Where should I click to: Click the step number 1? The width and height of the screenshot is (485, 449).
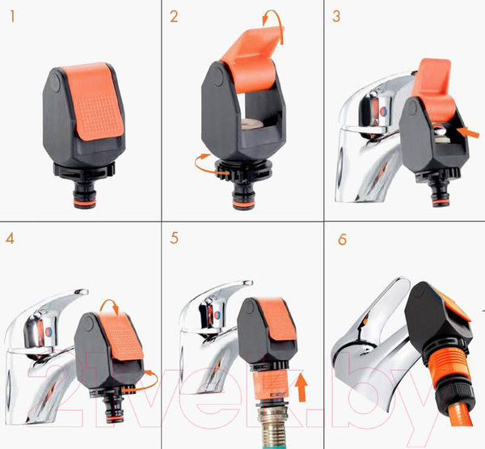pos(12,16)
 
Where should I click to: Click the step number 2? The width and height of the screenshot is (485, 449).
pos(174,16)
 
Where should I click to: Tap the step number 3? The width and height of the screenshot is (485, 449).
pos(336,16)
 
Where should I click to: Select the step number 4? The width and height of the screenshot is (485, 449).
pos(10,238)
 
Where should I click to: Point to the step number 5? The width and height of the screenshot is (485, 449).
pos(174,238)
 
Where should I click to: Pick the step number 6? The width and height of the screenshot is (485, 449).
pos(342,239)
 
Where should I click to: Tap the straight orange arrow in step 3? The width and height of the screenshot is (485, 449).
pos(468,133)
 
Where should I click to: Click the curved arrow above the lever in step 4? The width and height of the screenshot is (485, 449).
pos(109,305)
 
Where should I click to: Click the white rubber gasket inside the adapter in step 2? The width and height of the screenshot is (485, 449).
pos(252,124)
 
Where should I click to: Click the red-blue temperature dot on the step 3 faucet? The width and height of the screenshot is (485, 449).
pos(383,112)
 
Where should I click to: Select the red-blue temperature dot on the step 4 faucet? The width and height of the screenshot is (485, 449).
pos(49,332)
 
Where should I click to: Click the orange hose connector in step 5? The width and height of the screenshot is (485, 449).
pos(270,387)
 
